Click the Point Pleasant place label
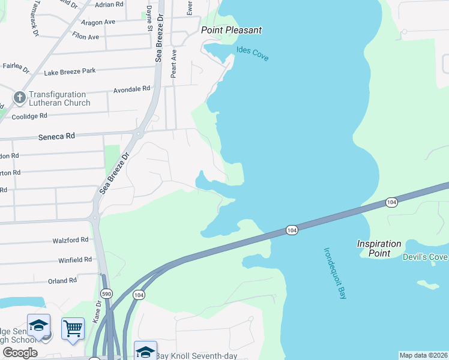[x=232, y=30]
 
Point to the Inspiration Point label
[x=379, y=248]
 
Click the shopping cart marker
[x=73, y=328]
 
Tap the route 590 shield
[x=106, y=293]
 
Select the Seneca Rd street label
[x=58, y=136]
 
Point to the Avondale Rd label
[x=131, y=89]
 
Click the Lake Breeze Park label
[x=70, y=71]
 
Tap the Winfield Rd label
[x=74, y=260]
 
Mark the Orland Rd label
[x=62, y=280]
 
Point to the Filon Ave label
[x=85, y=37]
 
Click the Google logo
[x=20, y=353]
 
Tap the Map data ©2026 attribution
[x=423, y=355]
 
